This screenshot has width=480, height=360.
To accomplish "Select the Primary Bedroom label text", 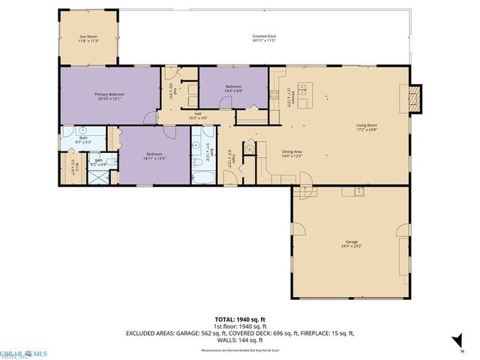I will coord(109,96).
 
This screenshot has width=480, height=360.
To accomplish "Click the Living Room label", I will coord(366,127).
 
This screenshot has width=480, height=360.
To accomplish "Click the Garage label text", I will coord(351,244).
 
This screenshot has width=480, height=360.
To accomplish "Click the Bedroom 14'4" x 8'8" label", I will coord(233,88).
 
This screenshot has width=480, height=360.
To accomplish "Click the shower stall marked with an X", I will coord(97,178).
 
